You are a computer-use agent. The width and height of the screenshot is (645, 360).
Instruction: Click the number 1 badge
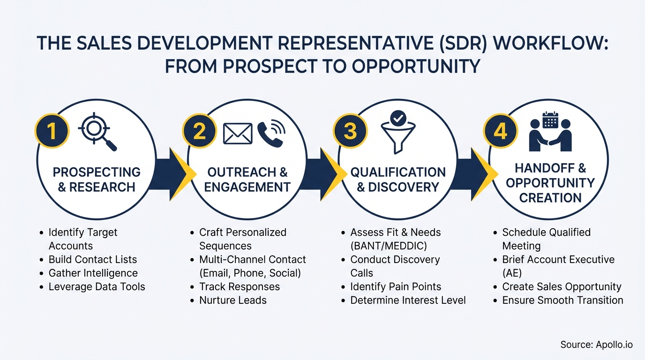point(52,131)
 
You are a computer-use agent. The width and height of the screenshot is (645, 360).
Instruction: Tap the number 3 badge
point(350,131)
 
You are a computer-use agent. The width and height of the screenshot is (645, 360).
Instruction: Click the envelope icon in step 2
point(238,134)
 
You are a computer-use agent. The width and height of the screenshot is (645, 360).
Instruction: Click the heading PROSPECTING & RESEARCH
point(97,180)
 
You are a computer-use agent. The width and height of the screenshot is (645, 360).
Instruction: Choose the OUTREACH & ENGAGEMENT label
point(247,180)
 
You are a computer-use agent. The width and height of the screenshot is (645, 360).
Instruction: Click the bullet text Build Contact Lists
point(92,259)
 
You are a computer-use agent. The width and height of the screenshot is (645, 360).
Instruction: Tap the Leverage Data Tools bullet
point(97,286)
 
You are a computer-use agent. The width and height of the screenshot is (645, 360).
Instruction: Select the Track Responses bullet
point(239,286)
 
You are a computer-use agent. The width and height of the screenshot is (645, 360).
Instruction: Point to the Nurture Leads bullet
point(232,300)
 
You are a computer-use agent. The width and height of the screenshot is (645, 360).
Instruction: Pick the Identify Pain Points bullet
point(396,286)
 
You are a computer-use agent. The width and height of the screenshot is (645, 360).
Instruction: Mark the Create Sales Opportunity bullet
point(562,286)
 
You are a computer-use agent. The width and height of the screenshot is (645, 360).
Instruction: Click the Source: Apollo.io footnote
point(596,345)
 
